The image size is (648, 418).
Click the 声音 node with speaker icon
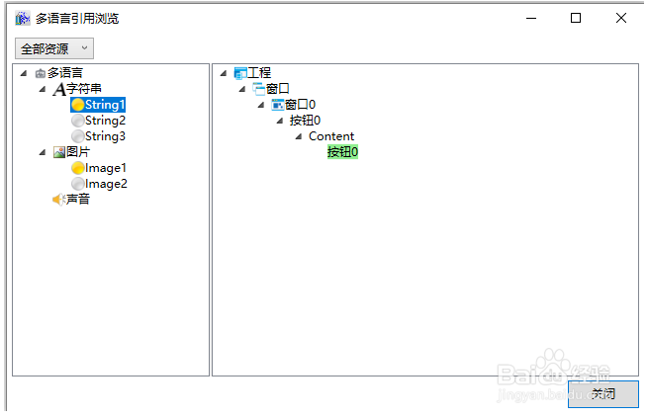[x=77, y=200]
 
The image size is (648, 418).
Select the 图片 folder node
[x=77, y=152]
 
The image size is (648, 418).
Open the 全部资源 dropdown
[x=54, y=48]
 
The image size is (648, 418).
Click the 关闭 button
[x=602, y=393]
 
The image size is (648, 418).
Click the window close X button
[x=620, y=18]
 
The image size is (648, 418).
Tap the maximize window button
[x=576, y=18]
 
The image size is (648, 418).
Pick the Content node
[x=331, y=136]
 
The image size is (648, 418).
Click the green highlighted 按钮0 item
[x=342, y=152]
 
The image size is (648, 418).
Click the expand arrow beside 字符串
[x=43, y=89]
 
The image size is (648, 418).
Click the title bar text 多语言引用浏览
[x=77, y=18]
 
